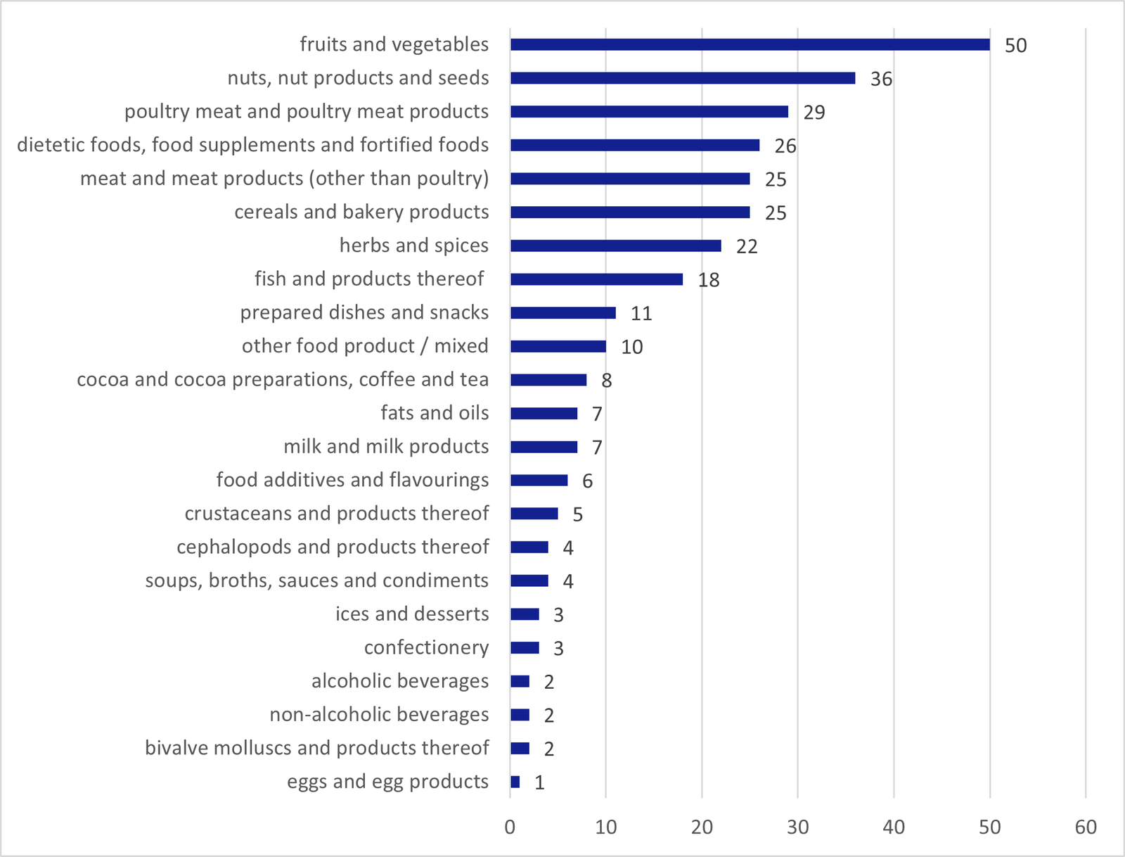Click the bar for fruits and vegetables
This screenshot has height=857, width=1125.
tap(750, 44)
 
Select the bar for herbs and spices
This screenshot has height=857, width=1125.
tap(615, 246)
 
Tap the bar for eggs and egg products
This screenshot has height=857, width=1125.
tap(515, 782)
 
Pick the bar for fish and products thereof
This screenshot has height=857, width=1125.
tap(596, 279)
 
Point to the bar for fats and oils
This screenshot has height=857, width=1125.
tap(544, 413)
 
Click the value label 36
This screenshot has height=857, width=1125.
tap(881, 79)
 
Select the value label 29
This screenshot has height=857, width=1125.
tap(814, 113)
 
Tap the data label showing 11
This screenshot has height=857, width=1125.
tap(641, 314)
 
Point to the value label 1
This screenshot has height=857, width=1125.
tap(539, 783)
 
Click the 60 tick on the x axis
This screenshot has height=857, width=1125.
tap(1086, 827)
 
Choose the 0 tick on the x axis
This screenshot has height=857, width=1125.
tap(510, 827)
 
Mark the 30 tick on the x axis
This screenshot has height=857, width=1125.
tap(798, 827)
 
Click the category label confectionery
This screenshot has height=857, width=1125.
tap(426, 647)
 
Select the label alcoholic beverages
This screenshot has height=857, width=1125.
tap(400, 681)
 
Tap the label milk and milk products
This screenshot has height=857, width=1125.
tap(386, 447)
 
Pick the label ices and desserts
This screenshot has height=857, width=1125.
tap(412, 614)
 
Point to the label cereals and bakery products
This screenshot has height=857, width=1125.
tap(361, 212)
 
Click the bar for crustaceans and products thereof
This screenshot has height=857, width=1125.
tap(534, 514)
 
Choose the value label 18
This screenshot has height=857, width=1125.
tap(708, 280)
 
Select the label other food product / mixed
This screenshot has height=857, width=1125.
tap(365, 346)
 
